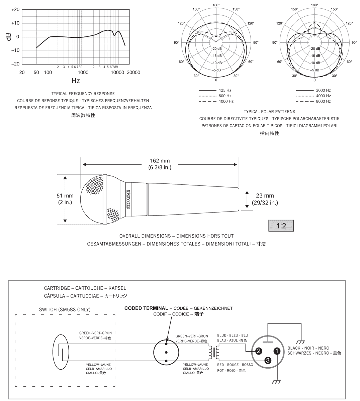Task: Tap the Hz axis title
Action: coord(76,81)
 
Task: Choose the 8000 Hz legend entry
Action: coord(323,101)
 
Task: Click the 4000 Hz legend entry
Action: coord(323,96)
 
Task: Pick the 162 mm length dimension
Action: coord(160,164)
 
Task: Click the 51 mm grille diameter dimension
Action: coord(65,199)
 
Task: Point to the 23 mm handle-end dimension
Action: coord(265,199)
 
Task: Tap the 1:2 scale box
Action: coord(281,226)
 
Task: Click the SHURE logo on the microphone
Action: coord(128,199)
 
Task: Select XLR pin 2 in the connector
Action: coord(259,351)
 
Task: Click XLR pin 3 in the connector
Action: coord(268,360)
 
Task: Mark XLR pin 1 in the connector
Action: coord(277,351)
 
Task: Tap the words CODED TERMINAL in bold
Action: coord(146,308)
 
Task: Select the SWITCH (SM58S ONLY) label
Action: coord(65,309)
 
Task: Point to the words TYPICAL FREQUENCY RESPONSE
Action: coord(83,94)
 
